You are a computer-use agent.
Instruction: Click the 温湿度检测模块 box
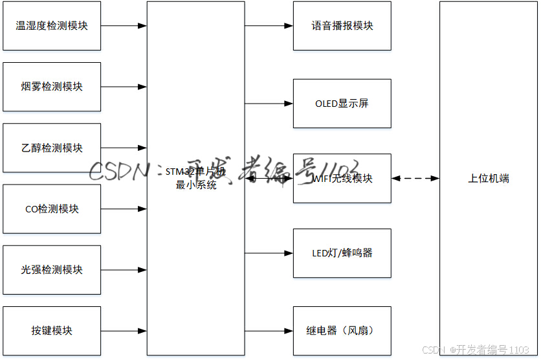[52, 27]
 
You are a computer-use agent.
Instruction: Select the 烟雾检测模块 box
[52, 87]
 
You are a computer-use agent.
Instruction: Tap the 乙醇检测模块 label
[52, 148]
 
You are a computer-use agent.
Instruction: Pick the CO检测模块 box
[52, 209]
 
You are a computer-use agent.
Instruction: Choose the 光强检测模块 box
[52, 270]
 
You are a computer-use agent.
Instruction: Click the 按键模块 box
[52, 331]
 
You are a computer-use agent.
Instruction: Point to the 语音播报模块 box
[342, 27]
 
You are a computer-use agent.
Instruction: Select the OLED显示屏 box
[342, 104]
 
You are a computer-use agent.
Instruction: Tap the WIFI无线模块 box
[342, 178]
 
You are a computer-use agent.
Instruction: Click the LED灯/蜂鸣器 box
[342, 253]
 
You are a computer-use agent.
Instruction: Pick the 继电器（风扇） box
[342, 331]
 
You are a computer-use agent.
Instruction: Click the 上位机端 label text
[489, 178]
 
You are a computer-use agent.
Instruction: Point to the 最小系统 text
[196, 185]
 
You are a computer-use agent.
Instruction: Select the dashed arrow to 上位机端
[415, 178]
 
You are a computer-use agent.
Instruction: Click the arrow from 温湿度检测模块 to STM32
[124, 27]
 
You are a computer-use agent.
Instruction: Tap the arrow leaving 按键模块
[124, 331]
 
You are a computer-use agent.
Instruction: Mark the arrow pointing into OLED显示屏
[269, 104]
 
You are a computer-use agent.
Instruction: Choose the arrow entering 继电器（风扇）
[269, 331]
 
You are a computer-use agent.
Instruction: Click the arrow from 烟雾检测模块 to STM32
[124, 87]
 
